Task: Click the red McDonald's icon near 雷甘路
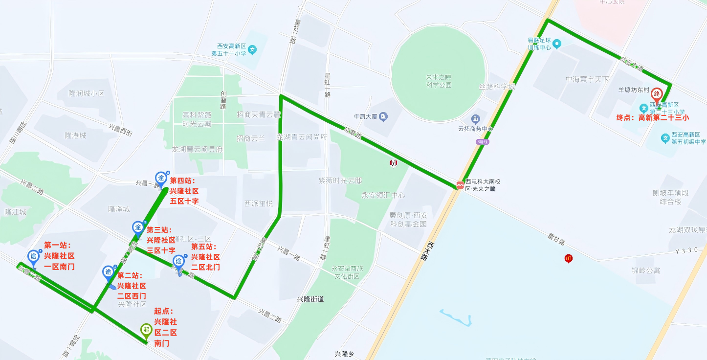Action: (568, 258)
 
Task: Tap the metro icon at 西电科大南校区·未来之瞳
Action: (460, 185)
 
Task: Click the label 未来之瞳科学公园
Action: (439, 81)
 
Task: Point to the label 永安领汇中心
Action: (383, 195)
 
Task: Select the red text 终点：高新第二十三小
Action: (653, 117)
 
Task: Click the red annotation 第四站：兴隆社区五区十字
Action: (184, 191)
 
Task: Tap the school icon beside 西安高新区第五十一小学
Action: (252, 49)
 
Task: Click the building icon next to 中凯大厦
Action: (384, 116)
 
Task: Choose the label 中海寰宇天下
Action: (587, 79)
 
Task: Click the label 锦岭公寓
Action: (645, 270)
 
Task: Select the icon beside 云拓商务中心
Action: (475, 119)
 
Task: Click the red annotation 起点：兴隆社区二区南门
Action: (166, 327)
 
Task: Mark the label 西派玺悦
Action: (259, 203)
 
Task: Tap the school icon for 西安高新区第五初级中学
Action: (665, 138)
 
